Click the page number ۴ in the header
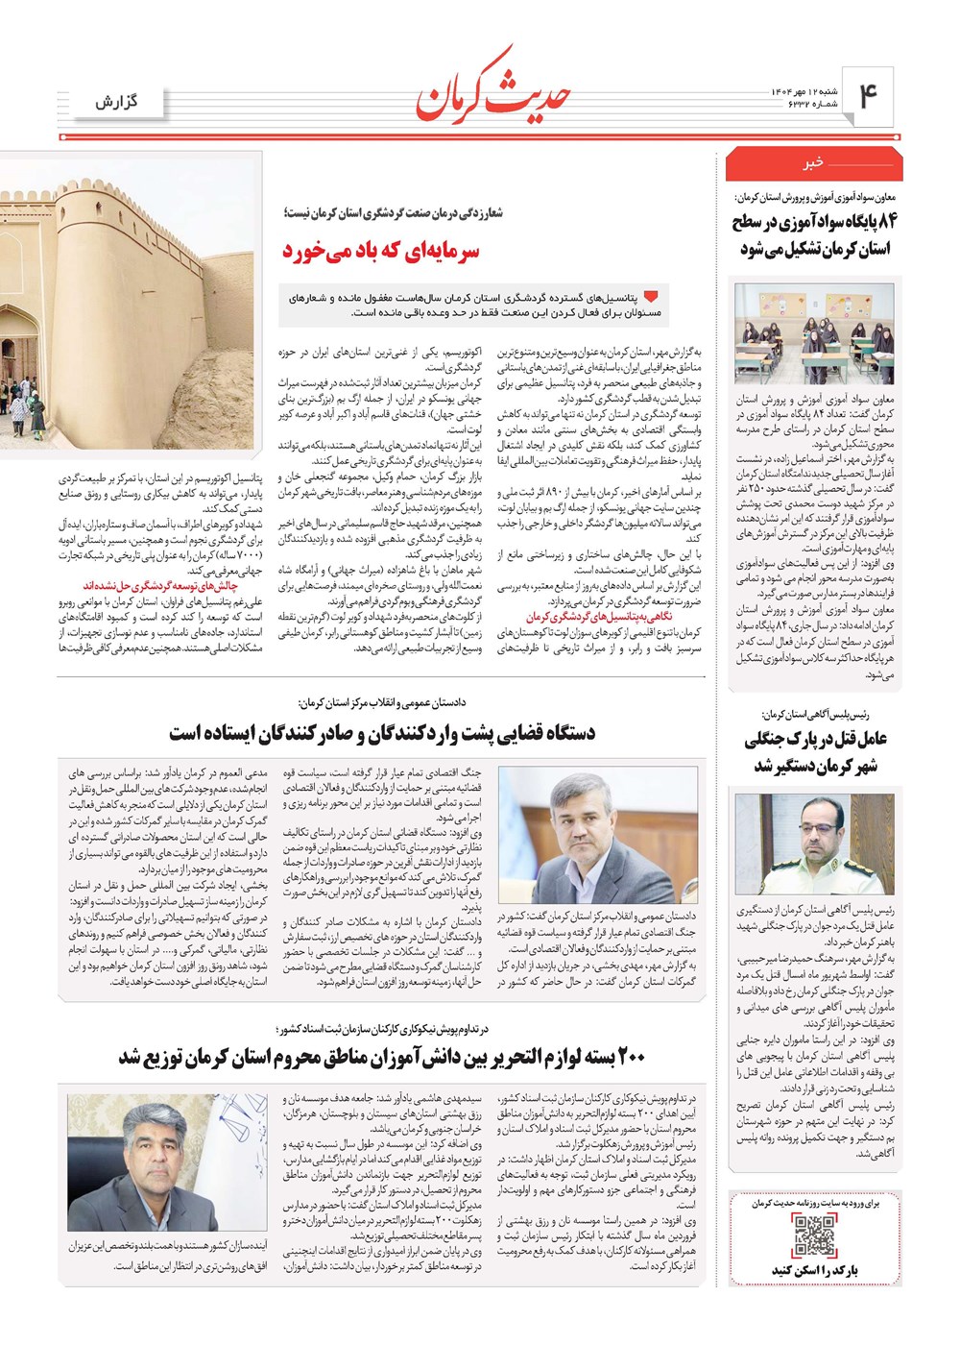click(x=869, y=97)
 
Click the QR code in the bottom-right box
click(x=814, y=1236)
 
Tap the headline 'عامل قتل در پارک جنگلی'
click(x=814, y=752)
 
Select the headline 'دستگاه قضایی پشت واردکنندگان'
click(x=382, y=734)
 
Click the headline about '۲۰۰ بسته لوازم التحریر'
click(x=381, y=1058)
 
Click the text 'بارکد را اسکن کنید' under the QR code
click(x=814, y=1270)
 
